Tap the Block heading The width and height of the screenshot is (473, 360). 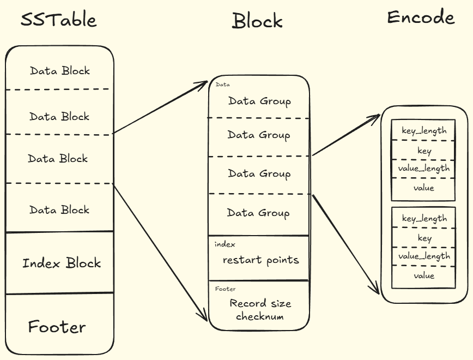(257, 21)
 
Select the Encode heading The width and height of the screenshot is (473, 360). (421, 17)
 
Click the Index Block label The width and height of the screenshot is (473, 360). (62, 263)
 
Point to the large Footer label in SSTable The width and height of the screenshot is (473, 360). (57, 327)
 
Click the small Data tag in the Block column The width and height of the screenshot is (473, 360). (223, 85)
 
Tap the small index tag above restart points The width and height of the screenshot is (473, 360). (225, 244)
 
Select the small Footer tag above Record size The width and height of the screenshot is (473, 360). (226, 289)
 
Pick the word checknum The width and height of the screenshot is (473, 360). (260, 316)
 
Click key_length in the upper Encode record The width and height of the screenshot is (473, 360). (424, 131)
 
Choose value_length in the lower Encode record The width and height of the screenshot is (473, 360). (424, 256)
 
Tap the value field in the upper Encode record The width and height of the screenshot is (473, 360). (424, 188)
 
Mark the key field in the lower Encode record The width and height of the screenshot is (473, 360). (425, 238)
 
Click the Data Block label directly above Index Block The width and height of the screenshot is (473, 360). (59, 209)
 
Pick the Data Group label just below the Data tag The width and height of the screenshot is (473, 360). (259, 101)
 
